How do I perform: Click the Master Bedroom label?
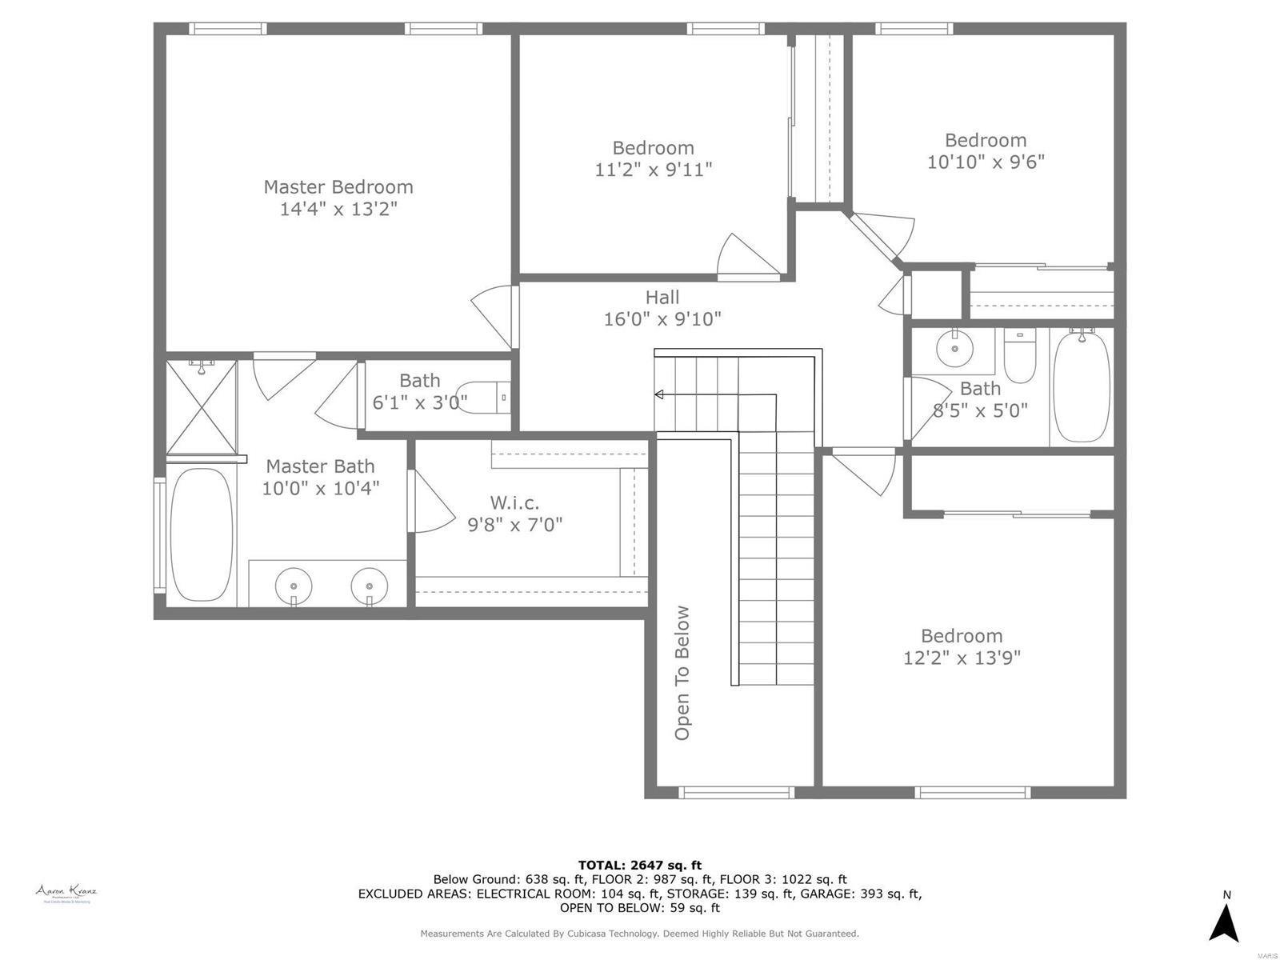tap(338, 187)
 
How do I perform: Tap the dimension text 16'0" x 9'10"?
tap(662, 319)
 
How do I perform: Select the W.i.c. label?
tap(514, 503)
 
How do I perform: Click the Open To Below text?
tap(682, 673)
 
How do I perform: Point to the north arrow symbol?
tap(1223, 923)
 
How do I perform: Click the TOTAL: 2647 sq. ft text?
tap(639, 865)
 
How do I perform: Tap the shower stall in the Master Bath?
tap(202, 407)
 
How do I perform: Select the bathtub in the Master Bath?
tap(202, 534)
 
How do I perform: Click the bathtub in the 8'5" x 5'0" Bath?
tap(1082, 386)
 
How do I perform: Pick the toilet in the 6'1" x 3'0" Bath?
tap(487, 397)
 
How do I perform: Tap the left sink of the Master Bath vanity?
tap(294, 586)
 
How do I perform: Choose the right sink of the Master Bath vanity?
tap(369, 586)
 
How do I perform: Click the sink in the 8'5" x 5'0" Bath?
tap(954, 348)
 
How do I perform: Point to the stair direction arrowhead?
tap(658, 394)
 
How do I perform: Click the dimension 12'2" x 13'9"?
tap(962, 658)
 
